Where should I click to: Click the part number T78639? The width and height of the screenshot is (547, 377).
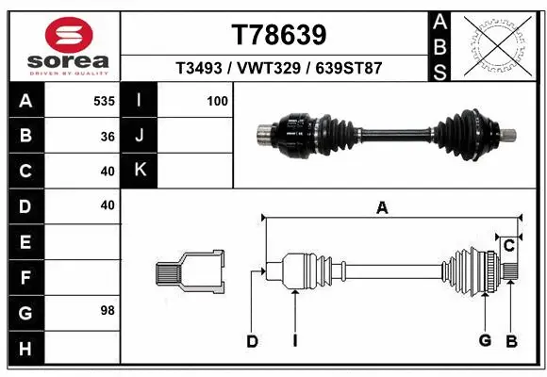coord(279,35)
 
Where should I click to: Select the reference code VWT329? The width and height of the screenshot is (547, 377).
coord(279,69)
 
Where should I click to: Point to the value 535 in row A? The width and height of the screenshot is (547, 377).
coord(104,101)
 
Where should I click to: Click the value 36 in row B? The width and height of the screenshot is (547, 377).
coord(108,136)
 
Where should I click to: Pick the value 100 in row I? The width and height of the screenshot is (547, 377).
coord(217,101)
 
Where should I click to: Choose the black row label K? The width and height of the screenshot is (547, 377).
coord(140,171)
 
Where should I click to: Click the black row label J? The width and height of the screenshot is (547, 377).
coord(140,136)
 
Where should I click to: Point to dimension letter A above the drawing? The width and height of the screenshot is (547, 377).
coord(382,208)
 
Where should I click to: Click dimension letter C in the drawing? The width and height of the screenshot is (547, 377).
coord(508,246)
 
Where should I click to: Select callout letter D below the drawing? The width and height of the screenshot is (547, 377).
coord(252,341)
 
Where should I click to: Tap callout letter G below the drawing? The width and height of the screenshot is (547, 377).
coord(485,341)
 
